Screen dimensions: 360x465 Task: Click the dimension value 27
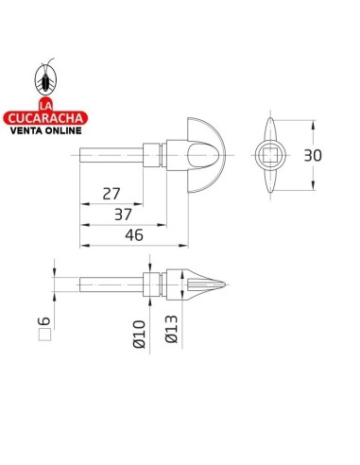(x=111, y=194)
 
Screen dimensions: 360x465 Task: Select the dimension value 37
(x=123, y=215)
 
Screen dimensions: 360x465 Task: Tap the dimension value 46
(x=134, y=235)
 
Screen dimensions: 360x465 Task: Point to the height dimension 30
(x=313, y=156)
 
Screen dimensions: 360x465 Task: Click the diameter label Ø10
(x=139, y=335)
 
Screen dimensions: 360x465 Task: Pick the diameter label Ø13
(x=171, y=329)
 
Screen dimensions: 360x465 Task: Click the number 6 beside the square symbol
(x=44, y=321)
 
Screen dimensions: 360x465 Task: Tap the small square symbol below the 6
(x=44, y=335)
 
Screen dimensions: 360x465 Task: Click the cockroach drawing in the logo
(x=45, y=78)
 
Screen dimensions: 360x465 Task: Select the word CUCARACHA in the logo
(x=45, y=118)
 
